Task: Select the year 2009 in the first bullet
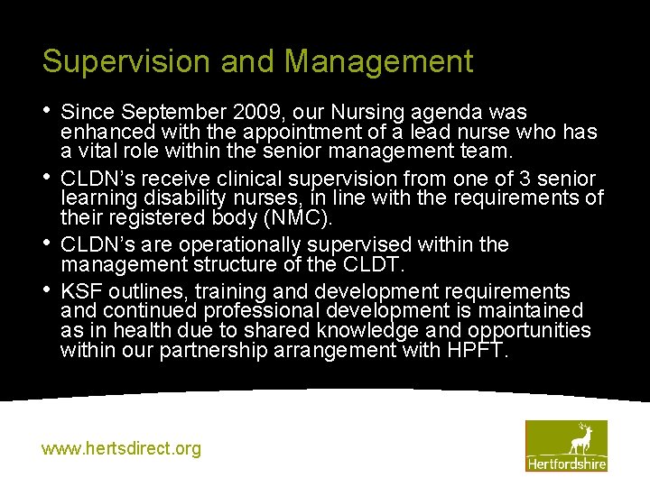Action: point(250,113)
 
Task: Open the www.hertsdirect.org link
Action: point(122,448)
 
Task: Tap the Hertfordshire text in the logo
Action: point(566,464)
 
